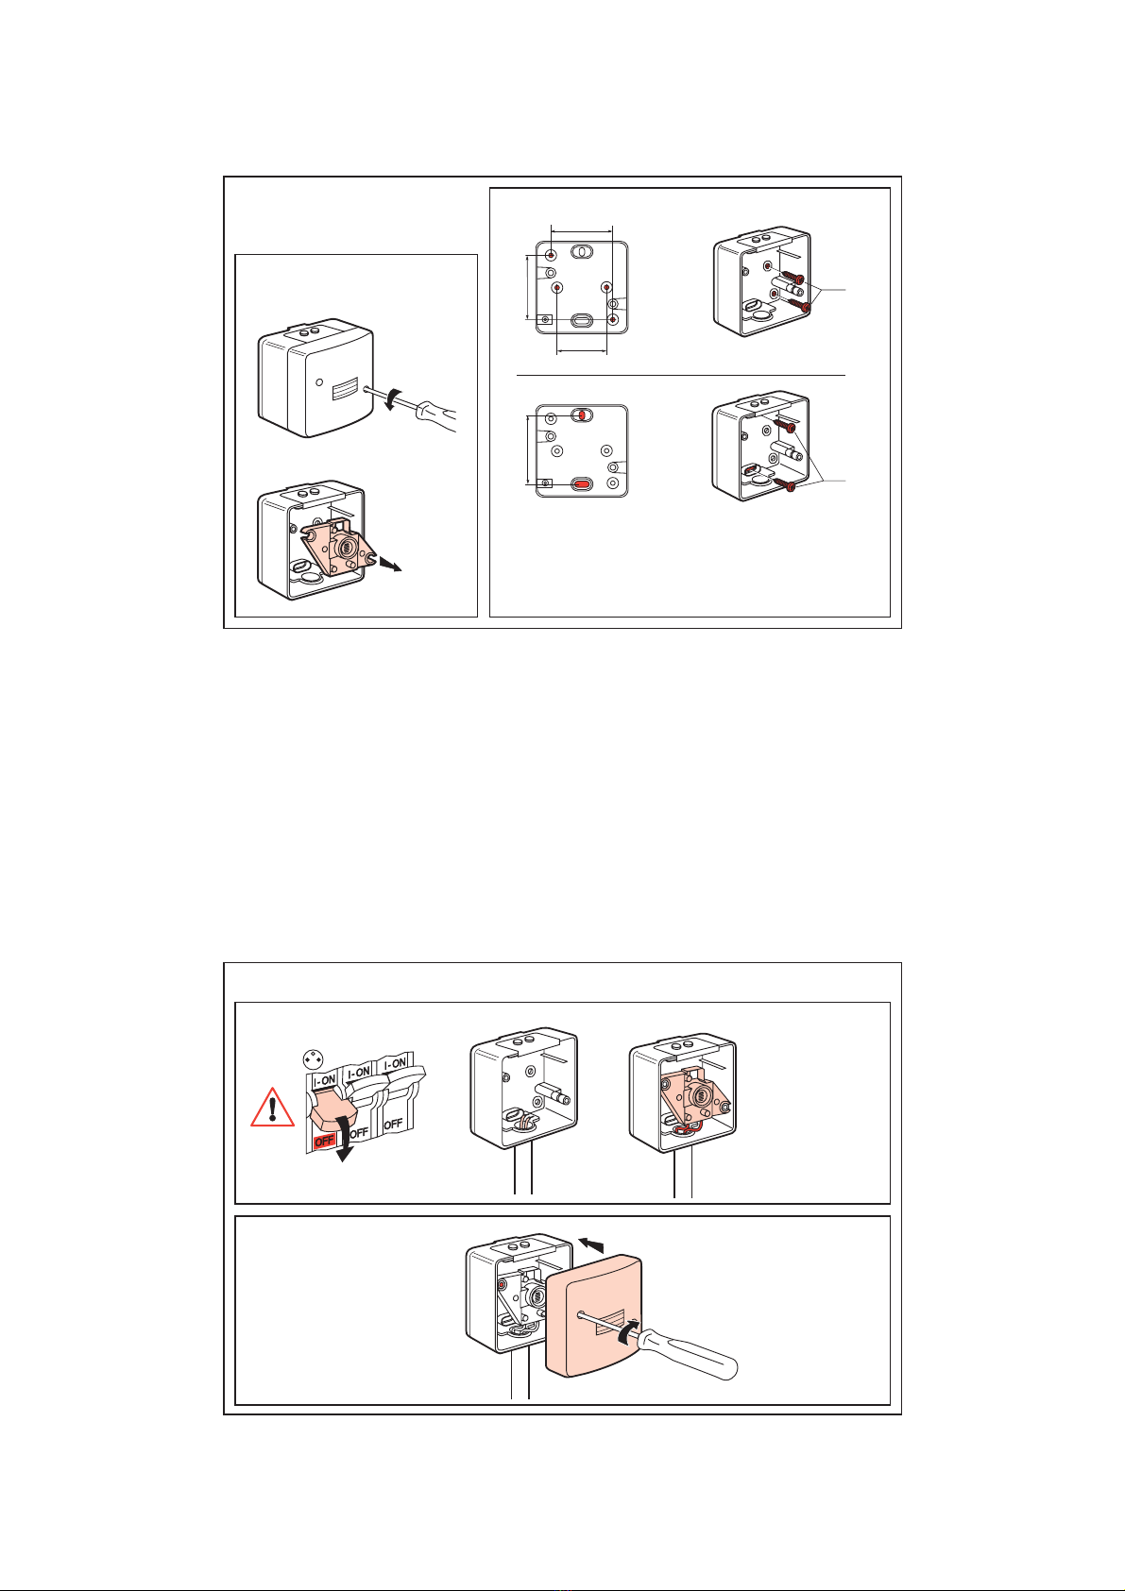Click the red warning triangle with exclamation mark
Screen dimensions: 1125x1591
(272, 1108)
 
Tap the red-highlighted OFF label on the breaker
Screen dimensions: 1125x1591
(324, 1141)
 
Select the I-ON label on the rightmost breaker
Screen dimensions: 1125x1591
(395, 1064)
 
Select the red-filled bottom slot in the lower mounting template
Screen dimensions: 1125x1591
(582, 483)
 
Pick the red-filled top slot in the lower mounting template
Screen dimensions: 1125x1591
(582, 415)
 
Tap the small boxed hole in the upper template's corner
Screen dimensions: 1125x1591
(544, 320)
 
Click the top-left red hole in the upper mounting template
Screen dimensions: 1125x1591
(552, 254)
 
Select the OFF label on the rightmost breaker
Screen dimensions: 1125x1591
(394, 1124)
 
